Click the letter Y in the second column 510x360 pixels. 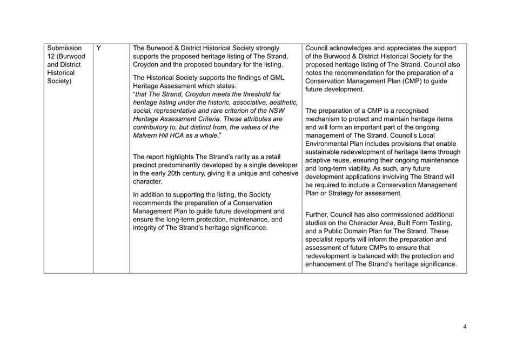(99, 48)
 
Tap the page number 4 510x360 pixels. (465, 327)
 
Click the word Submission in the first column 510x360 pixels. (64, 48)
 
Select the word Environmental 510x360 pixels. (330, 144)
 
